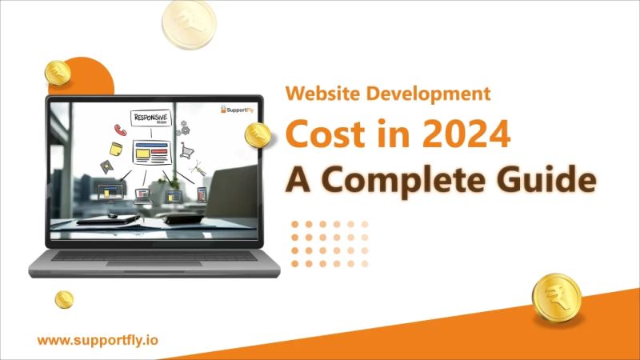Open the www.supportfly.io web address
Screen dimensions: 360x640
(x=98, y=340)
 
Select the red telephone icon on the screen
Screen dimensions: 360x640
(x=120, y=129)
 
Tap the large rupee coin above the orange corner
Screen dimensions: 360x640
(x=554, y=298)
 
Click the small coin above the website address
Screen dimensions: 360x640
(x=64, y=299)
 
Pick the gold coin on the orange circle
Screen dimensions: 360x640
(x=58, y=74)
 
